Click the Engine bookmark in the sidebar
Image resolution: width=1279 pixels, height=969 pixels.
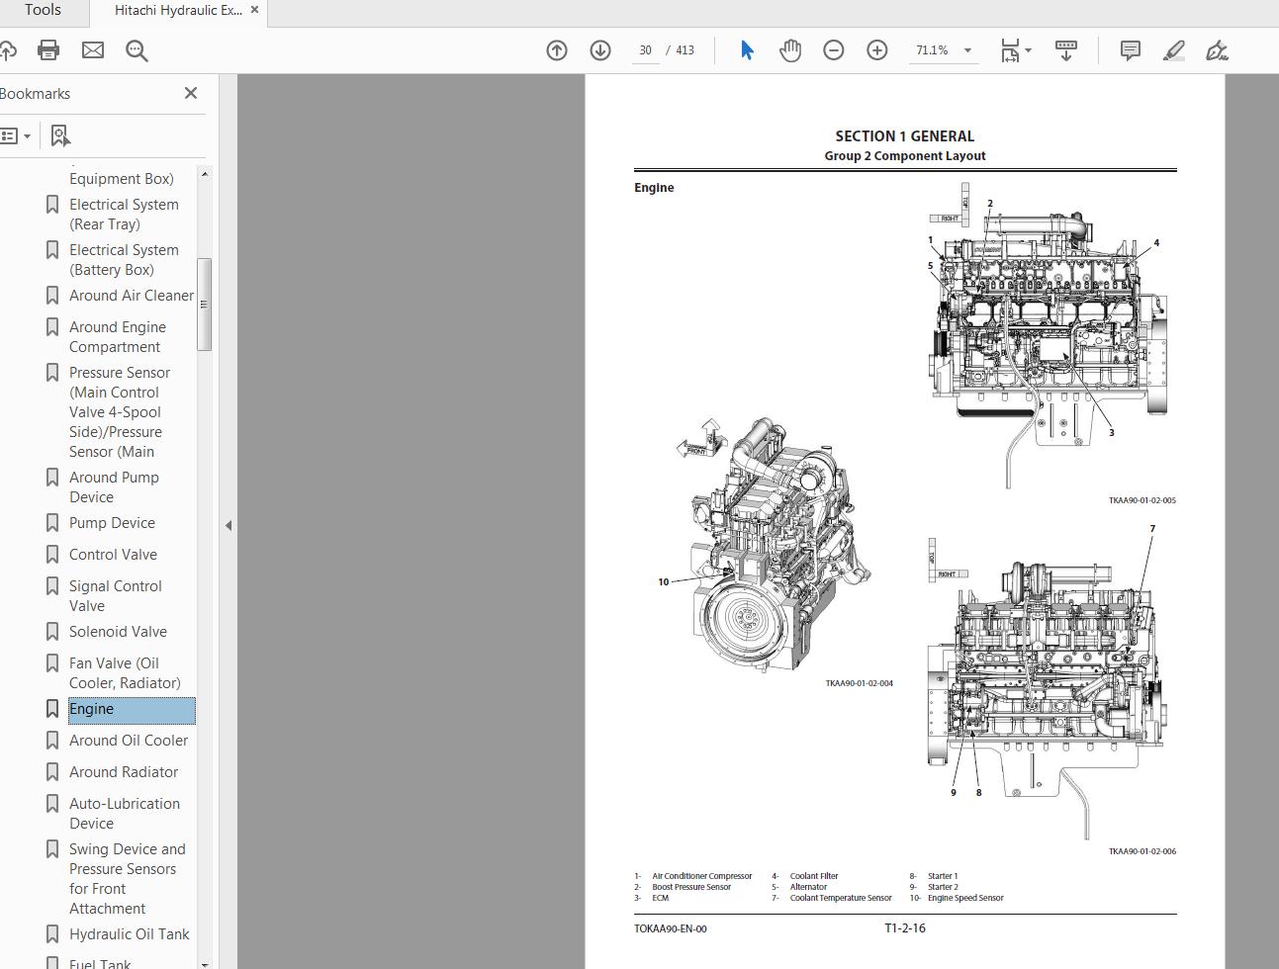(92, 709)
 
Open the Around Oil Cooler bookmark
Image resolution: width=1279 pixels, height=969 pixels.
(128, 741)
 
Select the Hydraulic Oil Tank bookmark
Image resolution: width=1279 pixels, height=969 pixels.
(129, 934)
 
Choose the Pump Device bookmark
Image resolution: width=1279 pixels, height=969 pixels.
(112, 523)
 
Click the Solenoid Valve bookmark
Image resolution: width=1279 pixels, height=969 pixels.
(118, 632)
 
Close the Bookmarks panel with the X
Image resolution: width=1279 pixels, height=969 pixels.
(191, 93)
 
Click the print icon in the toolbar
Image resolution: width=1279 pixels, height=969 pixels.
(48, 50)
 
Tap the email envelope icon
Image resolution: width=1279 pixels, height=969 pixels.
(93, 50)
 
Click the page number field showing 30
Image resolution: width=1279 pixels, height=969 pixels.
(645, 50)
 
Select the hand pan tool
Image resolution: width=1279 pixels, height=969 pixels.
(789, 50)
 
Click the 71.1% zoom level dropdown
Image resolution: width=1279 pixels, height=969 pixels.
(943, 50)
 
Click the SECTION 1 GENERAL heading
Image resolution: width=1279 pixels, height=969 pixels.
(904, 136)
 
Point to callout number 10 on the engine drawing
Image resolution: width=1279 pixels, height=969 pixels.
(664, 581)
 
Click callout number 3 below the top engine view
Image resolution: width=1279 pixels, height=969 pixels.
(1111, 432)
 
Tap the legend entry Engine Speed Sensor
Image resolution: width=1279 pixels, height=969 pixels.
(965, 898)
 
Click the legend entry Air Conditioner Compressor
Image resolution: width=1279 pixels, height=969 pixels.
(701, 876)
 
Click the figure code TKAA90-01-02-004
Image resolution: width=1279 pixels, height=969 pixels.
(859, 683)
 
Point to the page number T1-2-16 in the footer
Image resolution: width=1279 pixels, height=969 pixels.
(904, 928)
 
